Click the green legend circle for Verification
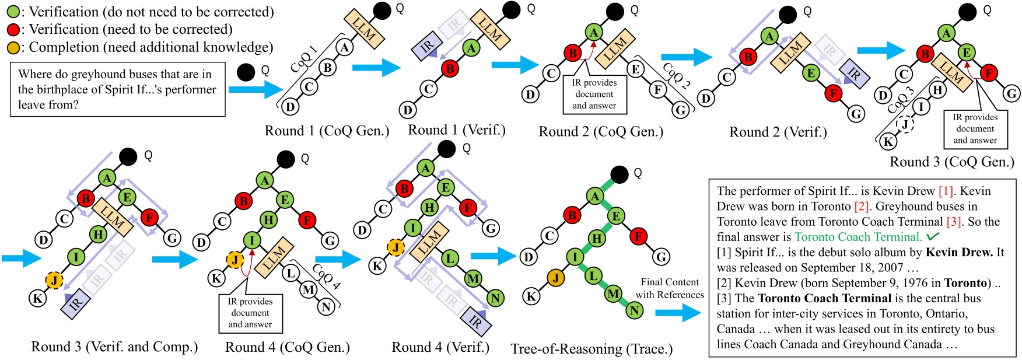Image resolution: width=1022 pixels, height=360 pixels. (x=12, y=12)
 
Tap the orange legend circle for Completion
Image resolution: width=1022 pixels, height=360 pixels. (x=12, y=48)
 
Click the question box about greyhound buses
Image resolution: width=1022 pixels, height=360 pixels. (x=117, y=90)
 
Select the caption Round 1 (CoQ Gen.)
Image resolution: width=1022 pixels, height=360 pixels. (x=327, y=131)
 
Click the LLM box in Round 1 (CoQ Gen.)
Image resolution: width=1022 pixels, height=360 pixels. (x=364, y=29)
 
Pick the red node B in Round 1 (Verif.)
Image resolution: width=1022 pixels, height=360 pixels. (x=450, y=69)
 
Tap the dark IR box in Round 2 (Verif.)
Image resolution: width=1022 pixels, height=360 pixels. (x=853, y=74)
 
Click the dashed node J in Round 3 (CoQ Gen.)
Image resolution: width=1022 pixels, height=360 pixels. (x=905, y=124)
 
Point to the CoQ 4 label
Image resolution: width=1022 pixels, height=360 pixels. (x=326, y=277)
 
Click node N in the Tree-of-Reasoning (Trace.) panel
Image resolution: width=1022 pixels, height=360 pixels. (x=634, y=311)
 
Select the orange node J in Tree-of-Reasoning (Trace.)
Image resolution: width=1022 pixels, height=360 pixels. (x=556, y=278)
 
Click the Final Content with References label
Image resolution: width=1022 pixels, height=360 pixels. (x=670, y=288)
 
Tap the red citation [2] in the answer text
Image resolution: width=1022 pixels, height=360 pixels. (x=862, y=207)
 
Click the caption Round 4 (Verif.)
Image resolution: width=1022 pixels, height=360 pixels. (x=440, y=347)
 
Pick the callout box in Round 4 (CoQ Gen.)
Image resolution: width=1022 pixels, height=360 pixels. (x=250, y=313)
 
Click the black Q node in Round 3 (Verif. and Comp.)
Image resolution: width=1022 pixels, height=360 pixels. (x=128, y=156)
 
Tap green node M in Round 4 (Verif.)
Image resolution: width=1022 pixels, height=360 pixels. (x=473, y=279)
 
